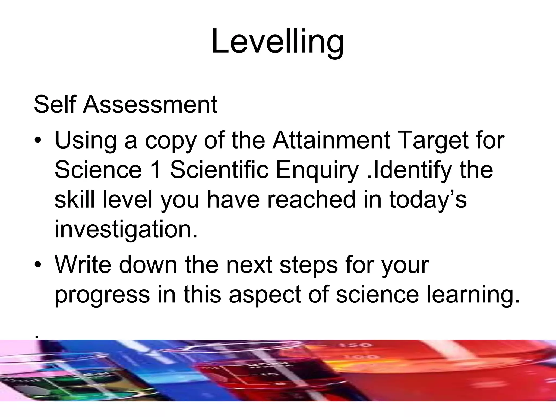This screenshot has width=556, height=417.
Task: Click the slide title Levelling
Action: tap(277, 42)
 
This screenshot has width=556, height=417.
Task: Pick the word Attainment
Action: tap(331, 140)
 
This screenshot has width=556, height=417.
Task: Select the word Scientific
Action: tap(219, 170)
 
